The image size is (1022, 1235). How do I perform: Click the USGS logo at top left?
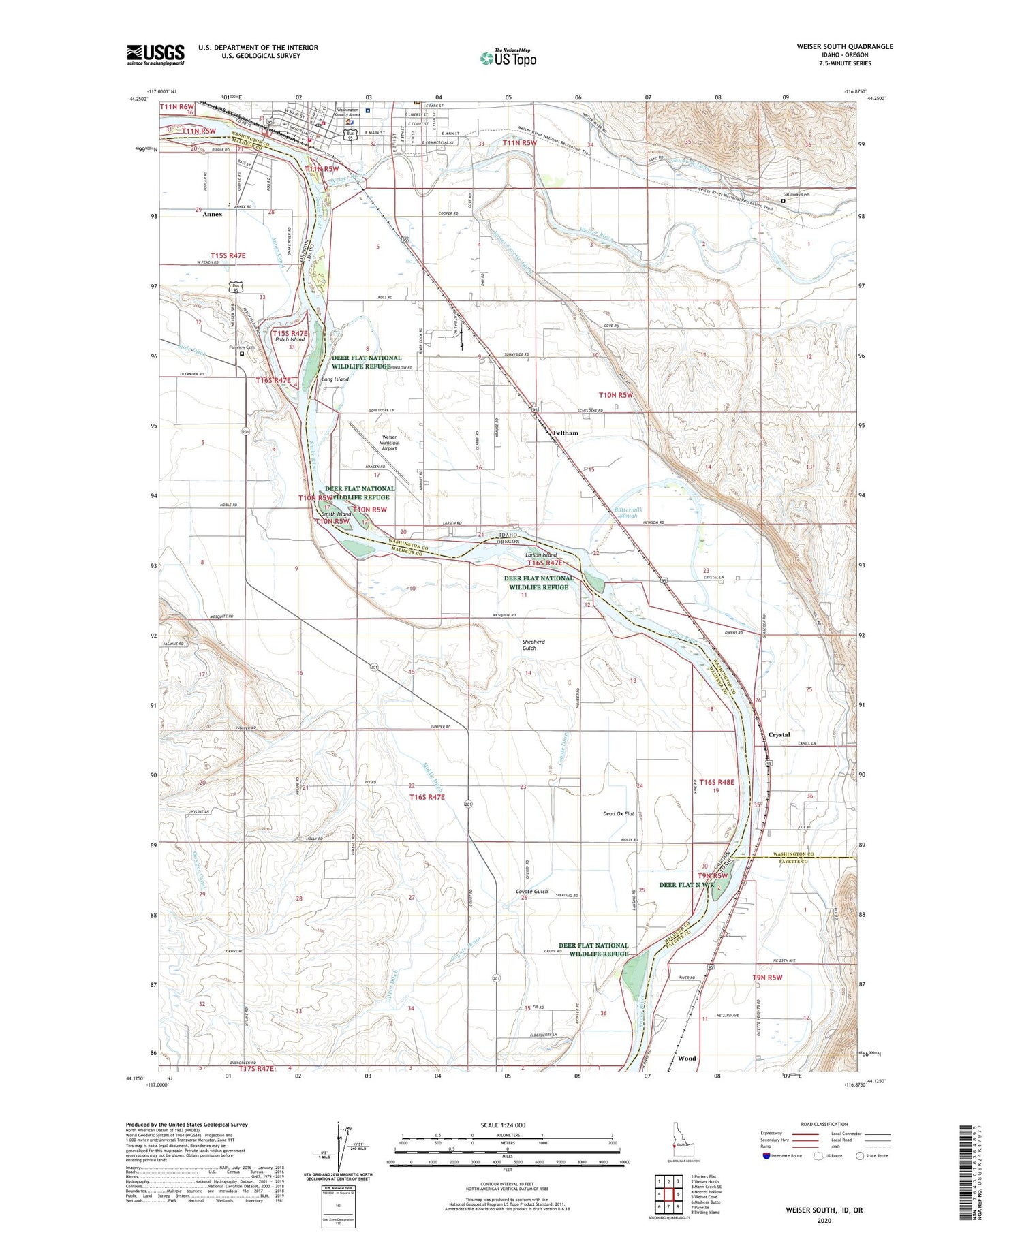pos(155,54)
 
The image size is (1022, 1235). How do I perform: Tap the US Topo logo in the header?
pos(508,59)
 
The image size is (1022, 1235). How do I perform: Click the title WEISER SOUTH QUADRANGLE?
pos(844,46)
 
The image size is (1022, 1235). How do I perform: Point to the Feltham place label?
pos(566,433)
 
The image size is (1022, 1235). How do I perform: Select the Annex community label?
pos(213,214)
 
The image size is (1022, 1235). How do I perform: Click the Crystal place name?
pos(779,735)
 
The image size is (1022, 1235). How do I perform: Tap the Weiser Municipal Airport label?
pos(389,443)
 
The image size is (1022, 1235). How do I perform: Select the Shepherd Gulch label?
pos(533,644)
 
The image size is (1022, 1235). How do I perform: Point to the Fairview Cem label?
pos(241,347)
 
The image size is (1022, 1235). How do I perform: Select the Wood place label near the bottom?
pos(687,1058)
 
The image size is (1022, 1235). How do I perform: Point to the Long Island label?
pos(335,379)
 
